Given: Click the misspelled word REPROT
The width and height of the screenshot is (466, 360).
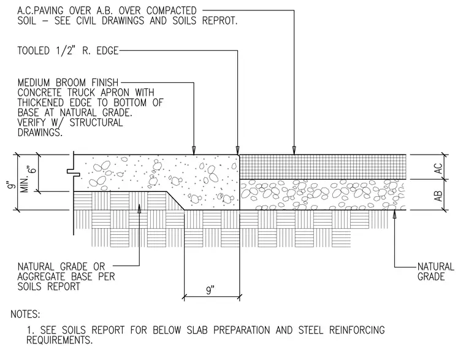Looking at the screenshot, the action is tap(220, 20).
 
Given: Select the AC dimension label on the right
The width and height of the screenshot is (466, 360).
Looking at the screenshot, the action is tap(438, 169).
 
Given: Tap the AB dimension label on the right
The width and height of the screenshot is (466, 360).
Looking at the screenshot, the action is tap(438, 196).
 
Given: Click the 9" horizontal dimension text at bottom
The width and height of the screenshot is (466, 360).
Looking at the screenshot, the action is tap(210, 290).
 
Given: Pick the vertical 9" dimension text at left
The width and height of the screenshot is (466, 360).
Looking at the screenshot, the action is tap(12, 185).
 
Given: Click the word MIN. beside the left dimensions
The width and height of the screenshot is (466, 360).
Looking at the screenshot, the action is tap(25, 185).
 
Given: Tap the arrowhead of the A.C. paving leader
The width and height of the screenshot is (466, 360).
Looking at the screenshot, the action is tap(294, 150).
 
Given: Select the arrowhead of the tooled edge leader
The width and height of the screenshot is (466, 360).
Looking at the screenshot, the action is tap(237, 150).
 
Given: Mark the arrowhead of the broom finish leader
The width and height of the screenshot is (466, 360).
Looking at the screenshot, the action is tap(194, 150).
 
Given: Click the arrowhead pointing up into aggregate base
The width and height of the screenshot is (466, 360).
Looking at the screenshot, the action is tap(139, 209).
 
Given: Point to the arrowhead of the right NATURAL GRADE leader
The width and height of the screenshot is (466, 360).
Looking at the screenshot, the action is tap(395, 214).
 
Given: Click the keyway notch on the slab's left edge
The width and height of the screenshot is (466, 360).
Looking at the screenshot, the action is tap(73, 172).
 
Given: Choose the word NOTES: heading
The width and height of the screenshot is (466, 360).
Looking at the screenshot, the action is tap(25, 314).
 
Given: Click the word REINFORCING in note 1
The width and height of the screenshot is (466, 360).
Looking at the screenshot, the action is tap(357, 330).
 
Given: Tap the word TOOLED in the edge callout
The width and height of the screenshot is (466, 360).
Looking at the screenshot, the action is tap(33, 50).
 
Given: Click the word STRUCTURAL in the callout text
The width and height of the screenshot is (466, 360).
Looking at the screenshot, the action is tap(96, 123).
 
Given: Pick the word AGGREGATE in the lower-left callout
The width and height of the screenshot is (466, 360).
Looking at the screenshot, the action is tap(41, 277).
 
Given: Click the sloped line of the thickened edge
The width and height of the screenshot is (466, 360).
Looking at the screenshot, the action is tap(175, 201).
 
